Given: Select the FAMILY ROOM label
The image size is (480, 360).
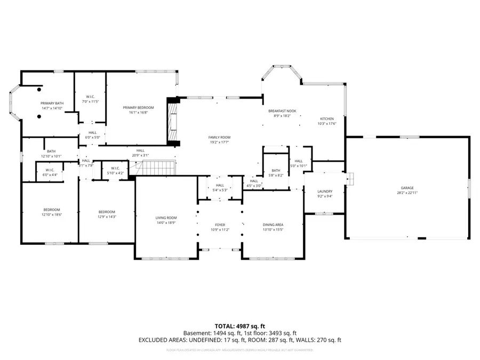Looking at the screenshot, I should pyautogui.click(x=219, y=138).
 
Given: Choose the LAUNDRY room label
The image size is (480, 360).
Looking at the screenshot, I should pyautogui.click(x=325, y=191).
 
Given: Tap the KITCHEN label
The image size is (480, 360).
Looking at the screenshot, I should pyautogui.click(x=326, y=119).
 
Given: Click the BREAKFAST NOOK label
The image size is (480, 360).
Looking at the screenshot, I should pyautogui.click(x=282, y=111).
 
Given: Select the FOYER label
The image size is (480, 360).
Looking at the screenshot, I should pyautogui.click(x=220, y=225).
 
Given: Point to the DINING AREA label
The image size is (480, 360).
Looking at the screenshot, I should pyautogui.click(x=273, y=225).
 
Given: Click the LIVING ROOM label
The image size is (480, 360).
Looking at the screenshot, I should pyautogui.click(x=166, y=218).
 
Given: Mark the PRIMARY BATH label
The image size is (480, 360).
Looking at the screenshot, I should pyautogui.click(x=52, y=103).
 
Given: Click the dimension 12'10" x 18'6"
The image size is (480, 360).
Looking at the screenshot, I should pyautogui.click(x=52, y=214).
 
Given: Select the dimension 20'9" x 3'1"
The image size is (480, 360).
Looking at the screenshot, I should pyautogui.click(x=140, y=155).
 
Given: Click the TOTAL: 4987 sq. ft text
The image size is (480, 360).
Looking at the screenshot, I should pyautogui.click(x=239, y=325).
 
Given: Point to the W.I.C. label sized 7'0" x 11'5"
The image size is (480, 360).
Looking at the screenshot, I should pyautogui.click(x=91, y=97).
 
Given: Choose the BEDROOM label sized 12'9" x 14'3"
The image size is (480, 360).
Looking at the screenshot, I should pyautogui.click(x=106, y=212).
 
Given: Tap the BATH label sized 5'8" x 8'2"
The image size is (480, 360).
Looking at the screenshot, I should pyautogui.click(x=276, y=170).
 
